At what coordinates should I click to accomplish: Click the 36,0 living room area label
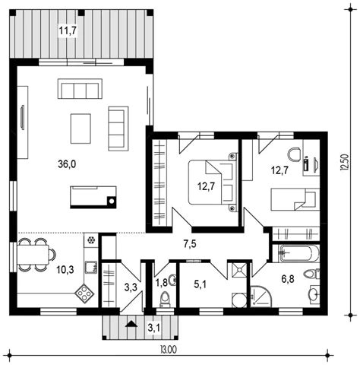point(67,164)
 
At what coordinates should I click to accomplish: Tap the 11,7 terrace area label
point(68,30)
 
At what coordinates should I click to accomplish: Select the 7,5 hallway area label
point(190,244)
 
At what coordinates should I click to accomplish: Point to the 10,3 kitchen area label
point(65,270)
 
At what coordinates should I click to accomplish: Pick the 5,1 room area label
point(201,284)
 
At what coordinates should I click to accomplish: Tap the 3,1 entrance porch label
point(154,328)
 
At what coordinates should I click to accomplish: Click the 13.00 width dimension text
point(169,350)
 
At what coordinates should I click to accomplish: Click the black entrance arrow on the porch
point(131,324)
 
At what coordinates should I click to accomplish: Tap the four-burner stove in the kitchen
point(84,294)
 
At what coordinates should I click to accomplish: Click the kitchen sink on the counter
point(91,267)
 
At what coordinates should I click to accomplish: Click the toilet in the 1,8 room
point(165,300)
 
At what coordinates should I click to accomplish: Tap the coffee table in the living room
point(81,129)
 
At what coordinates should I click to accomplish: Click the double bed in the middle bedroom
point(213,182)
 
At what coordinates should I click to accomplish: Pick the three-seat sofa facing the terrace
point(80,88)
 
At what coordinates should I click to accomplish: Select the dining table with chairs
point(36,255)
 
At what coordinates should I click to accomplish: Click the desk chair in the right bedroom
point(295,154)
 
